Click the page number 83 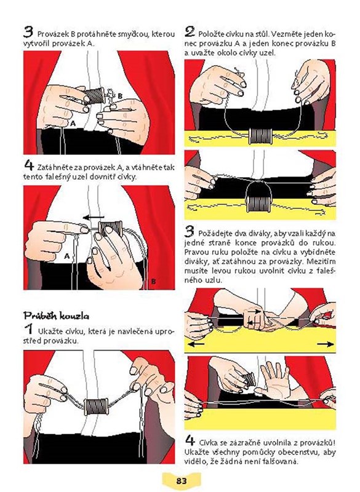coord(182,480)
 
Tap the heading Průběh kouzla coord(56,315)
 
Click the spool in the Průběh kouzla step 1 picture coord(97,407)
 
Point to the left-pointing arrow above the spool coord(93,217)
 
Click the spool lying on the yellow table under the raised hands coord(260,136)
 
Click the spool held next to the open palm coord(249,379)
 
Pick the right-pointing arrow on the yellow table coord(325,344)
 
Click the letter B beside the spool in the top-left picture coord(120,97)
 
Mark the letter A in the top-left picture coord(73,124)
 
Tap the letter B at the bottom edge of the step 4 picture coord(153,282)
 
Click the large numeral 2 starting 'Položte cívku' coord(190,32)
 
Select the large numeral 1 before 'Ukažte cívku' coord(29,329)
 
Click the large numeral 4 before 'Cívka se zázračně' coord(190,440)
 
